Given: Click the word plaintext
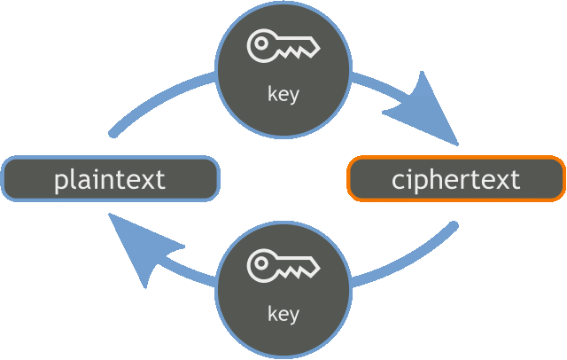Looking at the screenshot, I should tap(110, 179).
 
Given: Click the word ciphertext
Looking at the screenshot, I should tap(455, 179).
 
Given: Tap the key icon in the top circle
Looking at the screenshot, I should tap(283, 47).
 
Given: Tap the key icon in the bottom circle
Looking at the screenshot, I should tap(283, 265).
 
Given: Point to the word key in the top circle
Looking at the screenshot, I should tap(283, 93).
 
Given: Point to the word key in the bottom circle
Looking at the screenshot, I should tap(283, 313).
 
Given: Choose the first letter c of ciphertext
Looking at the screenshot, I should tap(398, 181).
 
